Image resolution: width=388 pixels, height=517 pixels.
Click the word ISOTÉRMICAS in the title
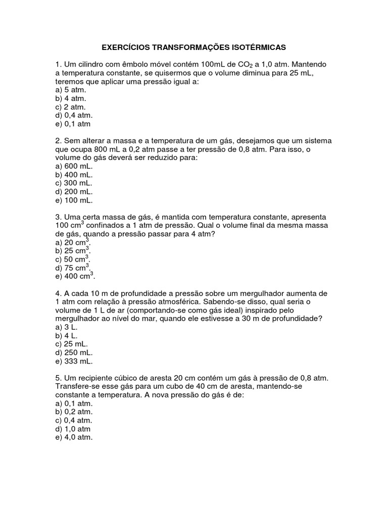pyautogui.click(x=258, y=47)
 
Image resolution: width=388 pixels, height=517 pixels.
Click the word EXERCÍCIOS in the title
pyautogui.click(x=127, y=47)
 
